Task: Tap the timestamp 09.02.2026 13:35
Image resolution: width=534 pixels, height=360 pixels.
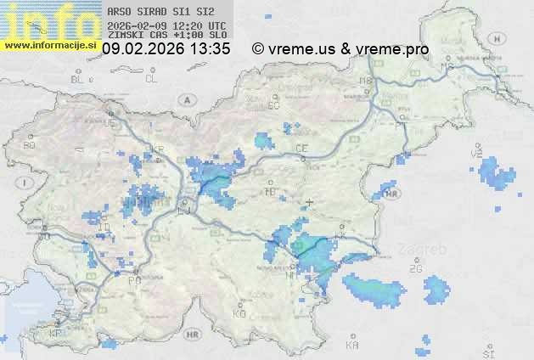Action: tap(166, 49)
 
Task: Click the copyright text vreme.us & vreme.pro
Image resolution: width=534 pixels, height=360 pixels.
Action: tap(340, 49)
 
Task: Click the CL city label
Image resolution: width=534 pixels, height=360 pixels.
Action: tap(151, 79)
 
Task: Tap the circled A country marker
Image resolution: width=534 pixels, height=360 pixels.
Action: tap(185, 99)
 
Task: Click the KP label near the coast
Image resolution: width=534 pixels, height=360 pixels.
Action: tap(56, 333)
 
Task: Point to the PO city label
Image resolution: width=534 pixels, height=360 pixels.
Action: tap(133, 279)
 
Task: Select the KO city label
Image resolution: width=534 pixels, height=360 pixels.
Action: tap(239, 313)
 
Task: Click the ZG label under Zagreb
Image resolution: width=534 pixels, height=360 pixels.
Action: tap(415, 269)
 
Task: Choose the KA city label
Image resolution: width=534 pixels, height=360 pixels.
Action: tap(352, 346)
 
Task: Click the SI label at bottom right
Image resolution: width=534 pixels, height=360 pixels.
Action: tap(487, 351)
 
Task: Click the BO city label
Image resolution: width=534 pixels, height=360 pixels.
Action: tap(30, 145)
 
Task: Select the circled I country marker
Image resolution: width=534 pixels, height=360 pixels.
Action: tap(27, 183)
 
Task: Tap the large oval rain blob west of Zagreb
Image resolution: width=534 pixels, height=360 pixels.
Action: tap(374, 290)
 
